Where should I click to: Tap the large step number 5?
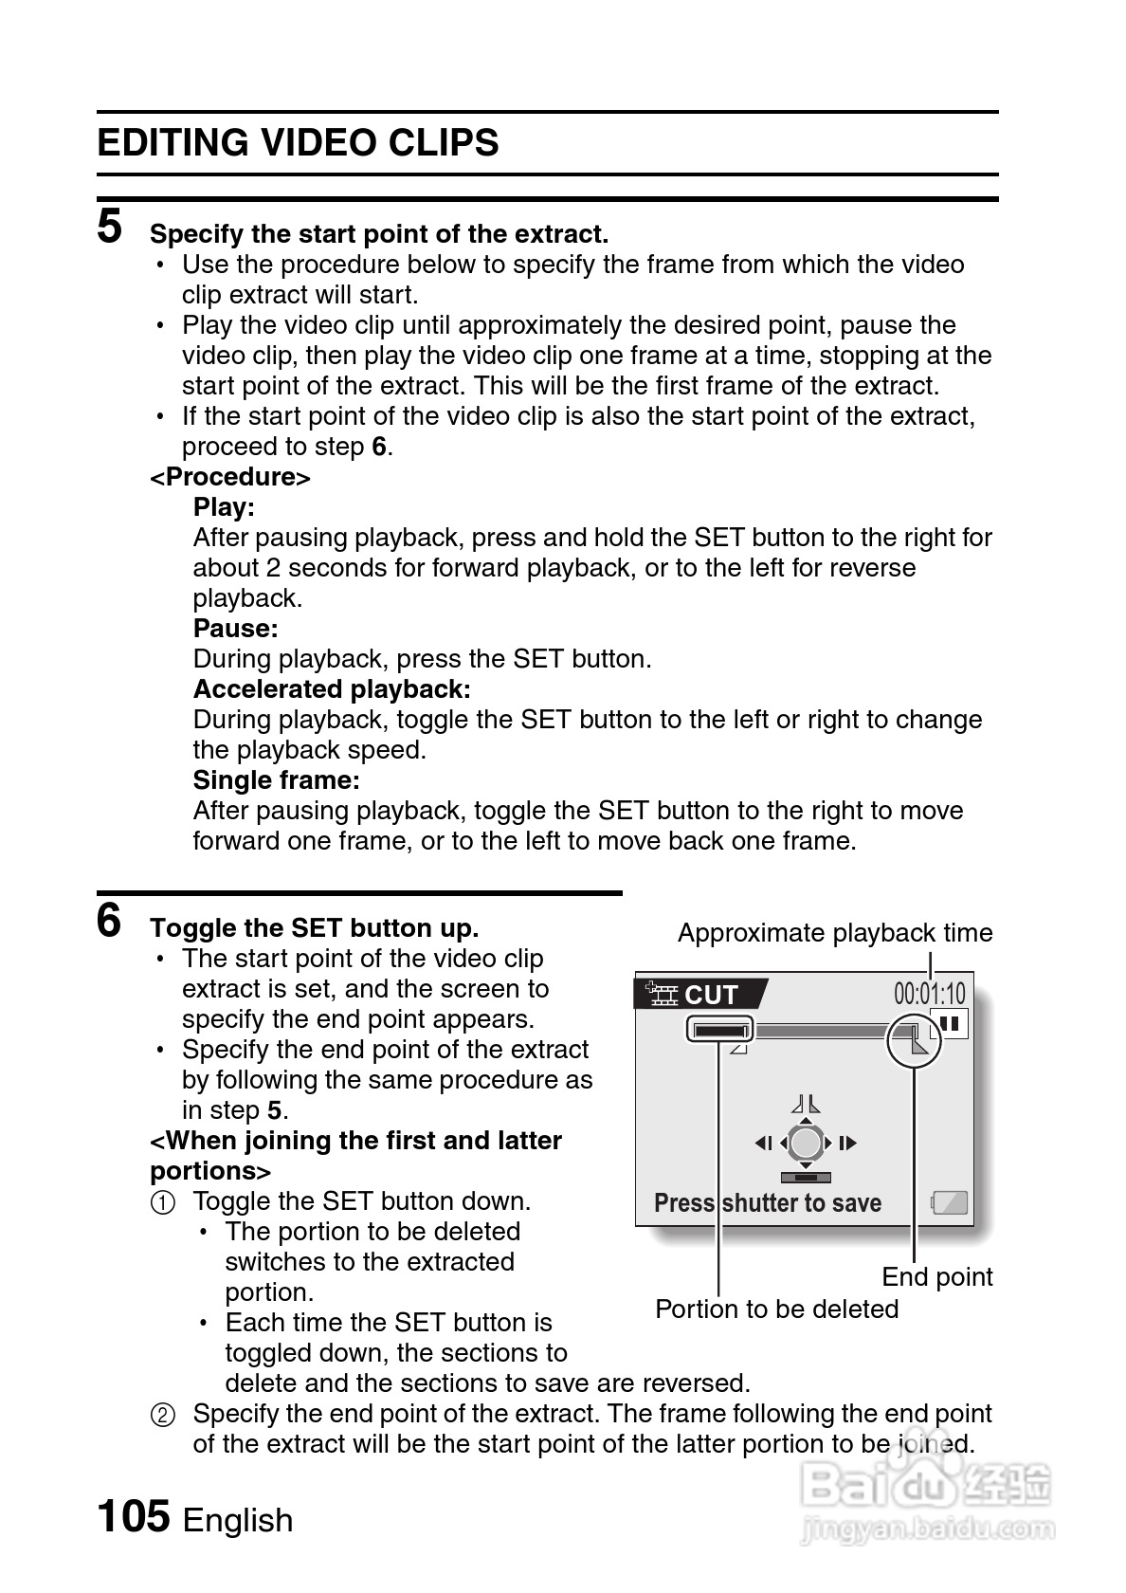click(x=110, y=227)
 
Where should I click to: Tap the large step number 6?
click(x=110, y=921)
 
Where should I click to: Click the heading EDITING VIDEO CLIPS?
click(x=298, y=143)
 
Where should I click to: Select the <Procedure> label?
click(x=230, y=477)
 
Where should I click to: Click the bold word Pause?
click(x=235, y=629)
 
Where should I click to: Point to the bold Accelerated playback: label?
click(x=332, y=689)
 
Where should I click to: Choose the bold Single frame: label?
click(x=277, y=780)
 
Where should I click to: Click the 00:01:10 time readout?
click(x=929, y=994)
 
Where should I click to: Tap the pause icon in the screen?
click(x=951, y=1024)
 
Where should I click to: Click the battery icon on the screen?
click(x=949, y=1203)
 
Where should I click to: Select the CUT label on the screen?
click(x=710, y=995)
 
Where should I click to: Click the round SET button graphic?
click(x=806, y=1143)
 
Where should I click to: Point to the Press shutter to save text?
click(x=768, y=1203)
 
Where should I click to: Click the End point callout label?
click(x=936, y=1277)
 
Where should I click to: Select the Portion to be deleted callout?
click(x=776, y=1309)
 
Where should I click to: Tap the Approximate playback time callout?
click(x=835, y=933)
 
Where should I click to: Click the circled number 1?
click(x=163, y=1202)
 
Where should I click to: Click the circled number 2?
click(x=163, y=1415)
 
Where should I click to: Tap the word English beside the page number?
click(x=238, y=1520)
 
